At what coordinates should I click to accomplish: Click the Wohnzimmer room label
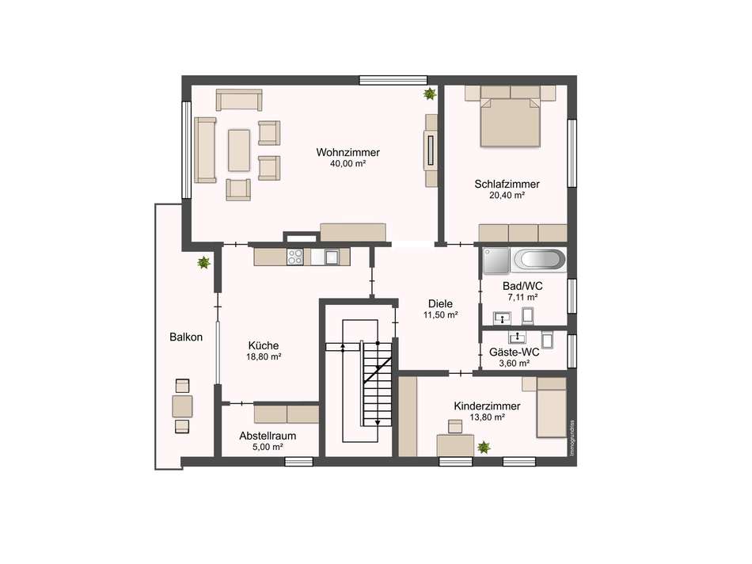[x=348, y=153]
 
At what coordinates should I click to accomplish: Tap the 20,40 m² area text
[x=507, y=196]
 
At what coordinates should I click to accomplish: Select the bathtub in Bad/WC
[x=540, y=260]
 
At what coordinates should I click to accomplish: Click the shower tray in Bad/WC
[x=496, y=261]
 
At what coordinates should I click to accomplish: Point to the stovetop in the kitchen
[x=295, y=257]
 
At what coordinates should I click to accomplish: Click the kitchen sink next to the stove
[x=332, y=257]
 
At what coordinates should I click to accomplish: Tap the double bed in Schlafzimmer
[x=511, y=123]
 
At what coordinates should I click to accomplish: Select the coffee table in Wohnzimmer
[x=239, y=151]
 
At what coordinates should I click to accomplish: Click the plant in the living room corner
[x=430, y=93]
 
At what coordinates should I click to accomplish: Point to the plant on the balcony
[x=203, y=262]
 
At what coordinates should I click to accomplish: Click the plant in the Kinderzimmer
[x=484, y=448]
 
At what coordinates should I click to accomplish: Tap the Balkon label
[x=186, y=337]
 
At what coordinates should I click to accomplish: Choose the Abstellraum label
[x=268, y=436]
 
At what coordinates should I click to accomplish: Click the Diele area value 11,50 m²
[x=440, y=315]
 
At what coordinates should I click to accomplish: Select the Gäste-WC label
[x=514, y=352]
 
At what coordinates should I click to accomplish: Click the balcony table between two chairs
[x=182, y=406]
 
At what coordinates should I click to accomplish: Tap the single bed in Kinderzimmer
[x=552, y=407]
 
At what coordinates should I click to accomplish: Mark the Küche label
[x=264, y=345]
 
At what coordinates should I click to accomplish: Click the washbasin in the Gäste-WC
[x=518, y=338]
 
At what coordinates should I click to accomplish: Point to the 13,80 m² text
[x=487, y=417]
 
